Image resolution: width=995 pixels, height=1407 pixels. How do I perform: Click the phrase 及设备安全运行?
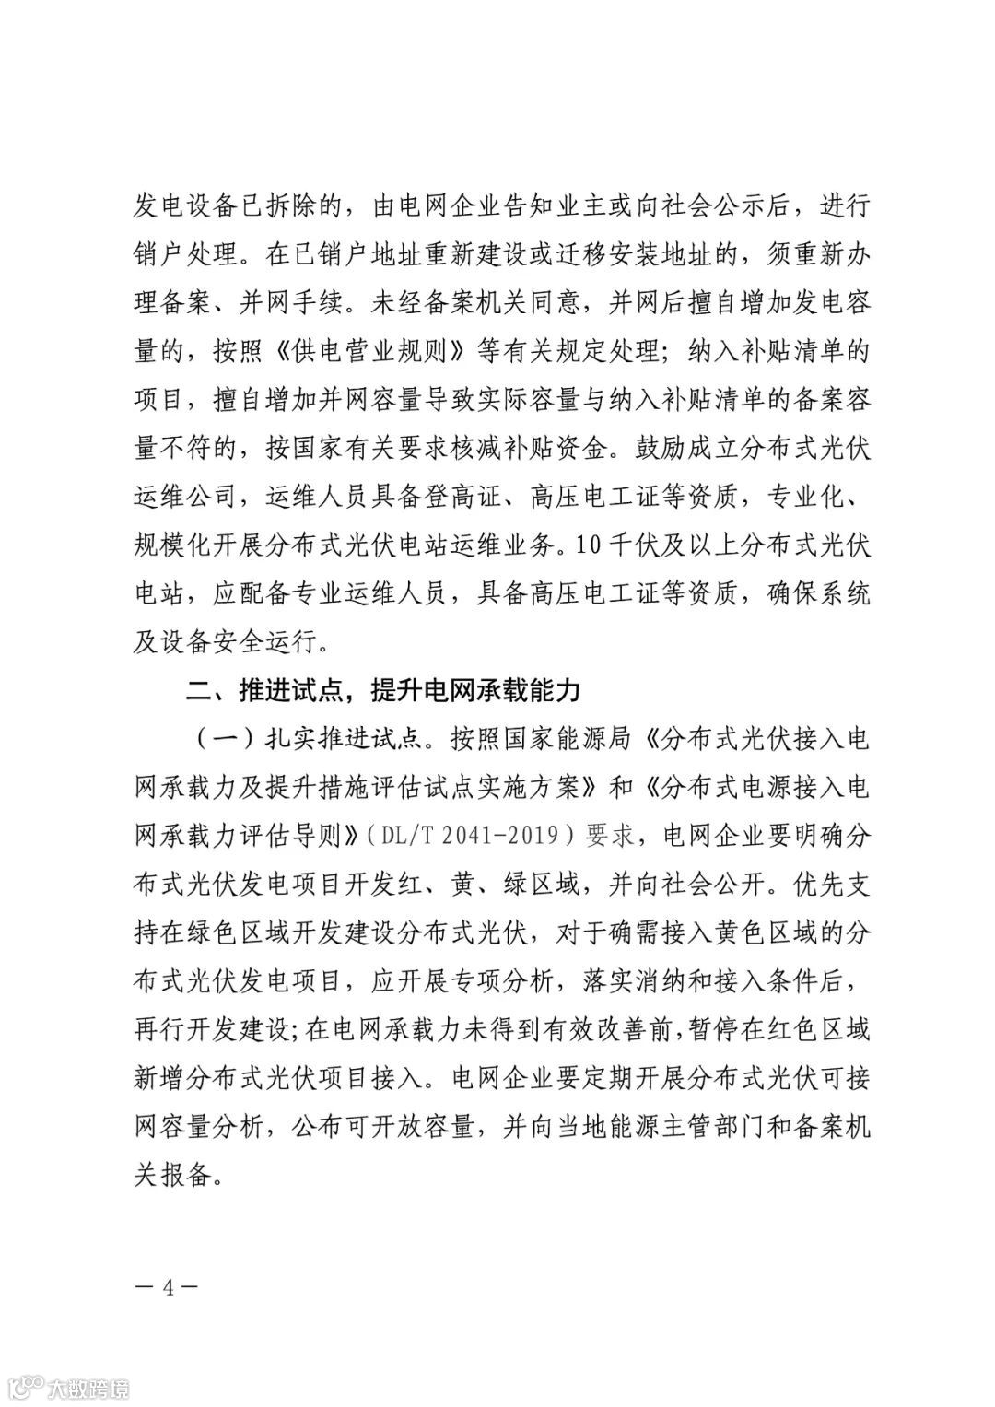(229, 642)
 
